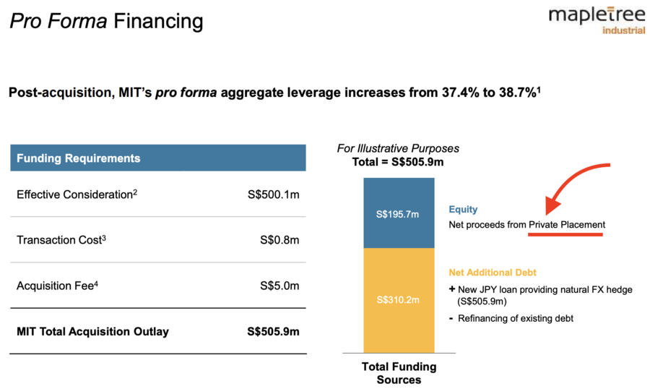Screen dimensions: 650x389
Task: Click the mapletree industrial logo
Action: point(597,20)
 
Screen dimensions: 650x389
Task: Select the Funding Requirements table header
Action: point(158,158)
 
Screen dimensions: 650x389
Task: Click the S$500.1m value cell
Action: point(273,194)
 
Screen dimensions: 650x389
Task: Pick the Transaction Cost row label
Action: point(61,239)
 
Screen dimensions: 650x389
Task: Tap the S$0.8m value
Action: point(279,240)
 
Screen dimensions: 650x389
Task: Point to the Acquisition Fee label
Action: point(57,286)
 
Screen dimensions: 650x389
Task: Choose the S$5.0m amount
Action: point(279,286)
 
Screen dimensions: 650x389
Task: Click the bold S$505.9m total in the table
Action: point(273,331)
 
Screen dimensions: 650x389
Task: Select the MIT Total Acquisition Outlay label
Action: point(93,331)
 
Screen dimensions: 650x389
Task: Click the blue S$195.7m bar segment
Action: point(399,213)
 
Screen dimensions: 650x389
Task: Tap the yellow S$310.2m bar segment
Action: point(399,301)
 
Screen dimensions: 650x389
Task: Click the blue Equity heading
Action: point(463,209)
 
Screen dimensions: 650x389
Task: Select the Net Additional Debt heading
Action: point(493,273)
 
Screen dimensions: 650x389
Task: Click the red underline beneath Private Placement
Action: point(565,234)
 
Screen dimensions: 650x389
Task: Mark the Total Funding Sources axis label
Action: point(399,373)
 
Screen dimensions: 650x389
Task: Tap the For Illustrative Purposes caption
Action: point(398,148)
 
